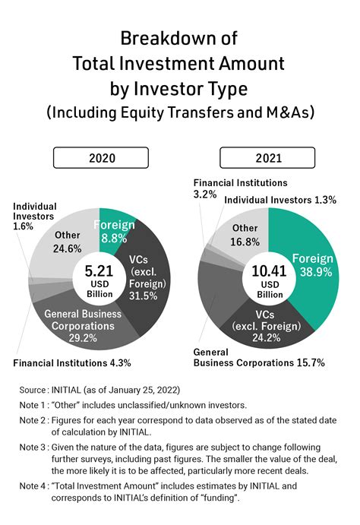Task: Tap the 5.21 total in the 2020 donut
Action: [x=98, y=270]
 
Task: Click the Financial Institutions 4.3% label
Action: [x=72, y=363]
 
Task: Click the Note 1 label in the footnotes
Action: [x=33, y=405]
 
